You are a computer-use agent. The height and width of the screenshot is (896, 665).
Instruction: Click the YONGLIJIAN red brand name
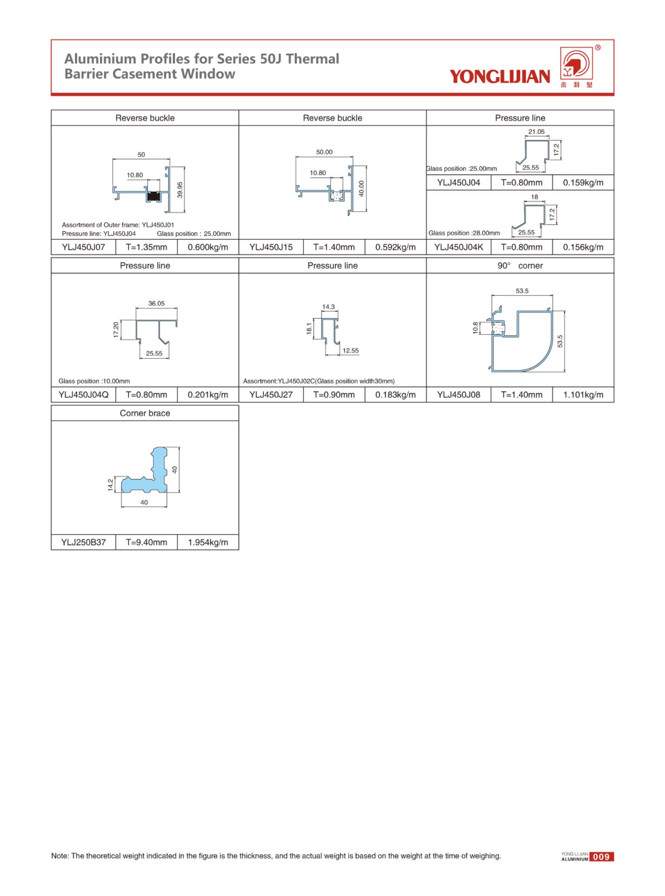pos(499,76)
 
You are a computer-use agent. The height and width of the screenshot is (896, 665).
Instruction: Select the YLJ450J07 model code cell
pos(83,247)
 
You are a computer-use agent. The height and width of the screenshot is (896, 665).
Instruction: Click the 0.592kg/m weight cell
pos(395,247)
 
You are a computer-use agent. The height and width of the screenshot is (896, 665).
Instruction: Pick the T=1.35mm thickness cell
pos(146,247)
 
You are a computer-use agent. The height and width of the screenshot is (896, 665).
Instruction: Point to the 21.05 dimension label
pos(536,132)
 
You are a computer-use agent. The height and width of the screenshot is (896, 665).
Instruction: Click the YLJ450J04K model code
pos(458,247)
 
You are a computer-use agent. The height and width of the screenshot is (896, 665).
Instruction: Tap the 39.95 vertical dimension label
pos(180,190)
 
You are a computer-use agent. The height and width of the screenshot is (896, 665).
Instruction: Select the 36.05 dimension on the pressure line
pos(156,303)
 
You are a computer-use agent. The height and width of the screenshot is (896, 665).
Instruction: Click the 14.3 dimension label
pos(328,307)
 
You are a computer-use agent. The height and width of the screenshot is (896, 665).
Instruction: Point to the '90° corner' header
pos(520,265)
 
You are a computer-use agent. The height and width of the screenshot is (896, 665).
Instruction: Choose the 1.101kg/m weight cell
pos(583,395)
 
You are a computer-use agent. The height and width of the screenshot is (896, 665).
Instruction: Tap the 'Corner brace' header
pos(145,413)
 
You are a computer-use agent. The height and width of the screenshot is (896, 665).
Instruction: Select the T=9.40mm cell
pos(146,543)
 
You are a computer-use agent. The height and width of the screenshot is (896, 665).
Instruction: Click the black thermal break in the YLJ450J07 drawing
pos(153,196)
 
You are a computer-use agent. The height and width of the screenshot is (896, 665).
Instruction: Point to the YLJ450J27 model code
pos(271,395)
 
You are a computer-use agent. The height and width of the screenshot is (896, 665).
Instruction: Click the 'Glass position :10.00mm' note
pos(94,381)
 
